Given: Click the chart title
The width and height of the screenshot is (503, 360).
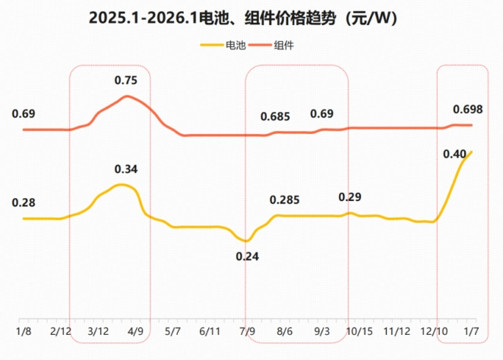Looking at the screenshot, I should click(x=251, y=18).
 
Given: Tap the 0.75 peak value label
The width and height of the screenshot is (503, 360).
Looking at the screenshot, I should click(x=126, y=80).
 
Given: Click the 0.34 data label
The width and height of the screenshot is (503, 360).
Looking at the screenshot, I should click(x=126, y=169).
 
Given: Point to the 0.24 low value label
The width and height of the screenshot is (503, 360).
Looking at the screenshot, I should click(x=247, y=256).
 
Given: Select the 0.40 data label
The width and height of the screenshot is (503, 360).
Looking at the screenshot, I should click(x=454, y=153).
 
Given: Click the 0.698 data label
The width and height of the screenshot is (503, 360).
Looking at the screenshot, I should click(x=468, y=110).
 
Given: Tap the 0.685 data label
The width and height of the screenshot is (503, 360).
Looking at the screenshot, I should click(x=275, y=116).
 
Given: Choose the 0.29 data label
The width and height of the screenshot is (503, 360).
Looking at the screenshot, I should click(x=350, y=197).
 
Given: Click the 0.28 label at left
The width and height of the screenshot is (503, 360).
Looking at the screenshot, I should click(x=24, y=202).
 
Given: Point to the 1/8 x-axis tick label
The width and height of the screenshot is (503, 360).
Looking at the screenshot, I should click(x=24, y=331).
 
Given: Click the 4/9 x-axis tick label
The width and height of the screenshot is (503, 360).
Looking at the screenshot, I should click(x=136, y=331).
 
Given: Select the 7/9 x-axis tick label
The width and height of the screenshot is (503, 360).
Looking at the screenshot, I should click(x=247, y=331).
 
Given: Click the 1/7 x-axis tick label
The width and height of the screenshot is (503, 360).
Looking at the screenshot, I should click(x=472, y=331).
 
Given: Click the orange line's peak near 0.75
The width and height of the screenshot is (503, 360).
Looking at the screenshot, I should click(x=128, y=96).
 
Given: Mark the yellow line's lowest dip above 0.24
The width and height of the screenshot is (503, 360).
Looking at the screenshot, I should click(x=247, y=241).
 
